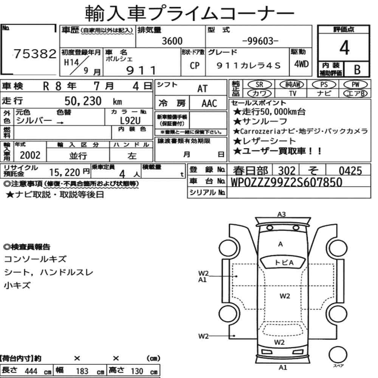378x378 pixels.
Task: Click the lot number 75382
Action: pos(35,54)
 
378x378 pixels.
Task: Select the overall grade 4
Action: pos(344,48)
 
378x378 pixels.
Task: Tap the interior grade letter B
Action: pos(357,70)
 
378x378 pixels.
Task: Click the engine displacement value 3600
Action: pos(172,41)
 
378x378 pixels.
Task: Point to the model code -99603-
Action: pos(260,41)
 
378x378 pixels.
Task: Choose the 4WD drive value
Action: pos(301,64)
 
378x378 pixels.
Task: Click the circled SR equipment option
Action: pos(260,84)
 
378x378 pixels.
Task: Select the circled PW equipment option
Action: pos(355,84)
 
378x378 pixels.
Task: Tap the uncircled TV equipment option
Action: pos(293,93)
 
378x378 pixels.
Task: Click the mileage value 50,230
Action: pos(83,101)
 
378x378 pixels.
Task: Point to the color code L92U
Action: pos(130,120)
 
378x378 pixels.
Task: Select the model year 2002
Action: pos(30,155)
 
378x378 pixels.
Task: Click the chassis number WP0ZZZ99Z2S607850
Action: pos(287,182)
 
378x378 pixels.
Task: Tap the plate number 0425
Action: pos(350,171)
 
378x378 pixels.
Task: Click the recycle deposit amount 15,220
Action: pos(65,172)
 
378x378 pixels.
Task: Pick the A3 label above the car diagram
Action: pos(281,214)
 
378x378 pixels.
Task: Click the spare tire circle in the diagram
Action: pos(338,355)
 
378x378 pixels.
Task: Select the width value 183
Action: pos(82,371)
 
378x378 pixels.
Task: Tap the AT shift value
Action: pos(202,89)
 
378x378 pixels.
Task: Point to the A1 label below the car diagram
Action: pos(283,367)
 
